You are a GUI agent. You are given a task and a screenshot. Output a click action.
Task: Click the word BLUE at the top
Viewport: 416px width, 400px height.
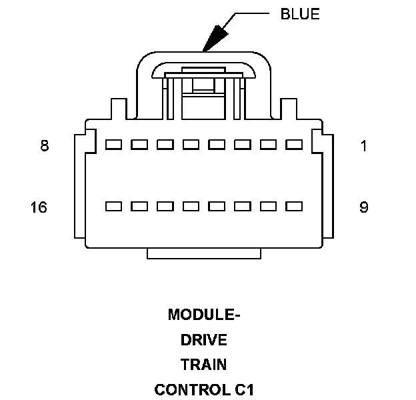(300, 14)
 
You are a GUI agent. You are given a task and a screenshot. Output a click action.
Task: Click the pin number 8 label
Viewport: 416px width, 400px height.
(45, 145)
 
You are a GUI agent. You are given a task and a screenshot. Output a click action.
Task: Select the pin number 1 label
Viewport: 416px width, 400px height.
(363, 145)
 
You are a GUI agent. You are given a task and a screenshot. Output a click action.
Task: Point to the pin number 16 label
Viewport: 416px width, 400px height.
(39, 207)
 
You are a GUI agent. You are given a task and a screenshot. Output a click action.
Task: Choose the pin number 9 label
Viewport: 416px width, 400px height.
(363, 207)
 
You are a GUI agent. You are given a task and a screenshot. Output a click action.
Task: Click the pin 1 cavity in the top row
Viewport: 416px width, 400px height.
(293, 145)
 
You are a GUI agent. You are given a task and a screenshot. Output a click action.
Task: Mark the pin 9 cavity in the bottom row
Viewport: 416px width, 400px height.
(293, 207)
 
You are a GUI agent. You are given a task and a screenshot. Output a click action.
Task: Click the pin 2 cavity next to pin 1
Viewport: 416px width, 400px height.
(268, 145)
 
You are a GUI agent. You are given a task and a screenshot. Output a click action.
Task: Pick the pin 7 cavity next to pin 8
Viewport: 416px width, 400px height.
(139, 145)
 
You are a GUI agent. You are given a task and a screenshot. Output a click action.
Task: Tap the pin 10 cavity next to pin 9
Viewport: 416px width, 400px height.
(268, 207)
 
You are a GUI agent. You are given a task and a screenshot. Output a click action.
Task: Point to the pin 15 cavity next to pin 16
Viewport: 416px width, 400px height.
(139, 207)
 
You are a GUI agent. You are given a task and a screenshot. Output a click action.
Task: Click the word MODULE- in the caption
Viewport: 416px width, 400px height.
(204, 315)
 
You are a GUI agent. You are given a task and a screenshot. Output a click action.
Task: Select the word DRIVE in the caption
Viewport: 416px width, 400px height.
(204, 340)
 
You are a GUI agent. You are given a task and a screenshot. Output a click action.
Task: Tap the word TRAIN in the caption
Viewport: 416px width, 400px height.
(204, 365)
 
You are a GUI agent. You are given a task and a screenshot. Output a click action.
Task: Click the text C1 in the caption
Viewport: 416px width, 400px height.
(243, 389)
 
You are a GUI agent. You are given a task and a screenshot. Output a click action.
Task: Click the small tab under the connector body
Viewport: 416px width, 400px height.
(203, 253)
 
